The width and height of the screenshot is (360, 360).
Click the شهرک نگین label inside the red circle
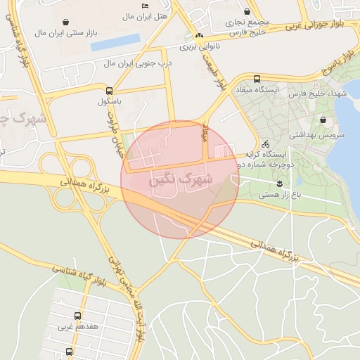[181, 180]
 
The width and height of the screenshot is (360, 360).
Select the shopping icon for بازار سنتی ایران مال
[65, 22]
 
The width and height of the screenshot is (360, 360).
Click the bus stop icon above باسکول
[109, 91]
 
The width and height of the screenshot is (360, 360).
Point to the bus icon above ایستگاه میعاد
[257, 79]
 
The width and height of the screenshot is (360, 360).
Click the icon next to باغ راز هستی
[281, 184]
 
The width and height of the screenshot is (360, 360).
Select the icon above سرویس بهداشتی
[323, 120]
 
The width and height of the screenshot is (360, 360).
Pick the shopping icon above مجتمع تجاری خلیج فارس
[247, 11]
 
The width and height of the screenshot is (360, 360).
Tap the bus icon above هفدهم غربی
[77, 316]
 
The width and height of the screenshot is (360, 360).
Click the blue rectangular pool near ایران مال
[115, 43]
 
